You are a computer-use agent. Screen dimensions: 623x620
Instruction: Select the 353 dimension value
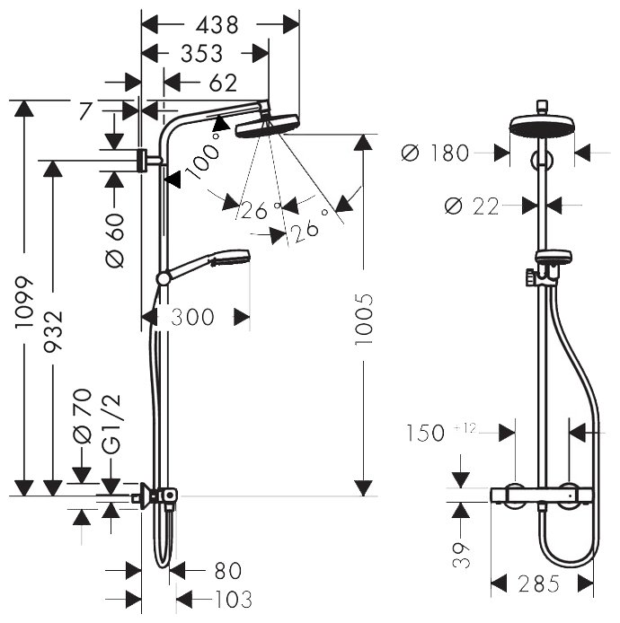201,53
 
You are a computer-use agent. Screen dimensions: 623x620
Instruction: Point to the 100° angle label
204,157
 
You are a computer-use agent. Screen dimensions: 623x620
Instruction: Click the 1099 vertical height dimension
25,301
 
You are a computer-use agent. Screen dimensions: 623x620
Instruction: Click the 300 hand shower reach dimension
191,317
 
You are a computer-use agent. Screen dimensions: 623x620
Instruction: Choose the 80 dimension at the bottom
227,571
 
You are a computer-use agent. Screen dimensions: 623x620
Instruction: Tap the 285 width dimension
539,584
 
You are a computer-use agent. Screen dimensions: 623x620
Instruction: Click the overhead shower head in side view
268,126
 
